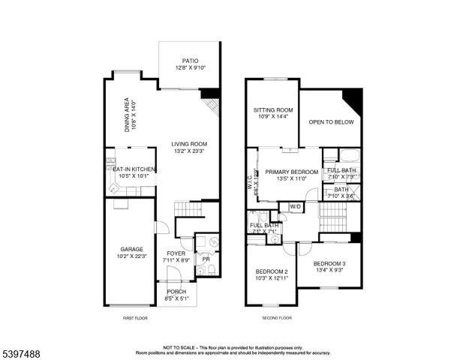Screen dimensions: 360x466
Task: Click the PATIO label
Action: tap(188, 61)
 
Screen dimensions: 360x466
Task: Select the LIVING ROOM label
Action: tap(188, 144)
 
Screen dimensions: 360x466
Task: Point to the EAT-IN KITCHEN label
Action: tap(134, 169)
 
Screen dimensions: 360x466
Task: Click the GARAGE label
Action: tap(132, 249)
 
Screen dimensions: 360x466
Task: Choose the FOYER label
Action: tap(176, 253)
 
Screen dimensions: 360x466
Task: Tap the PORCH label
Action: tap(176, 292)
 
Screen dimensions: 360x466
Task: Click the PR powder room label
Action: tap(205, 259)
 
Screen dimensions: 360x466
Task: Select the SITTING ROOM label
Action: tap(272, 109)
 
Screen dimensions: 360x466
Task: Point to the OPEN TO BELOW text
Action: tap(330, 121)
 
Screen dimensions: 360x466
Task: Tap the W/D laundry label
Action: tap(295, 206)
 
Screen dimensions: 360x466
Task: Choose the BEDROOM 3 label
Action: tap(329, 263)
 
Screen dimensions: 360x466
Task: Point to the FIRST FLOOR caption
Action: tap(136, 319)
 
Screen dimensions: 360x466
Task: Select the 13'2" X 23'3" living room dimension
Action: tap(188, 151)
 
